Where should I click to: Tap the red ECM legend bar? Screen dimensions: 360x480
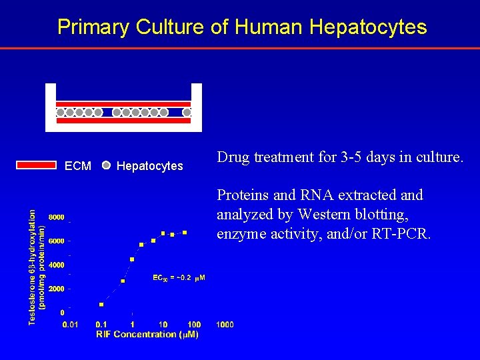(36, 165)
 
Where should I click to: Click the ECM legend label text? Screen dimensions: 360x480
(78, 166)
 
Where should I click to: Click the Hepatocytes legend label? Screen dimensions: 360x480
(149, 166)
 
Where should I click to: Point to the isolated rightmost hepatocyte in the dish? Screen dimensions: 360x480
(187, 113)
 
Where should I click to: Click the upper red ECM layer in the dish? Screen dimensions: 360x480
(123, 104)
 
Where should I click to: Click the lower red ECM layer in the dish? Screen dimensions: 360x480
(123, 121)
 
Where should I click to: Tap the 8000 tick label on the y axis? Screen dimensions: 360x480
(56, 217)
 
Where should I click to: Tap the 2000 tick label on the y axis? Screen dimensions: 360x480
(56, 289)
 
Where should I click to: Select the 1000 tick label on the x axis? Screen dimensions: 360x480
(225, 324)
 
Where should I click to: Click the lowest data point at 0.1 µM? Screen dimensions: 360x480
(101, 305)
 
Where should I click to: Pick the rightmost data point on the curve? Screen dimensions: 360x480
(185, 233)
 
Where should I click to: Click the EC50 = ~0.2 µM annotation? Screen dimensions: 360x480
(179, 277)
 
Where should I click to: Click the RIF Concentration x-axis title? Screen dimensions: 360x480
(147, 335)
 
